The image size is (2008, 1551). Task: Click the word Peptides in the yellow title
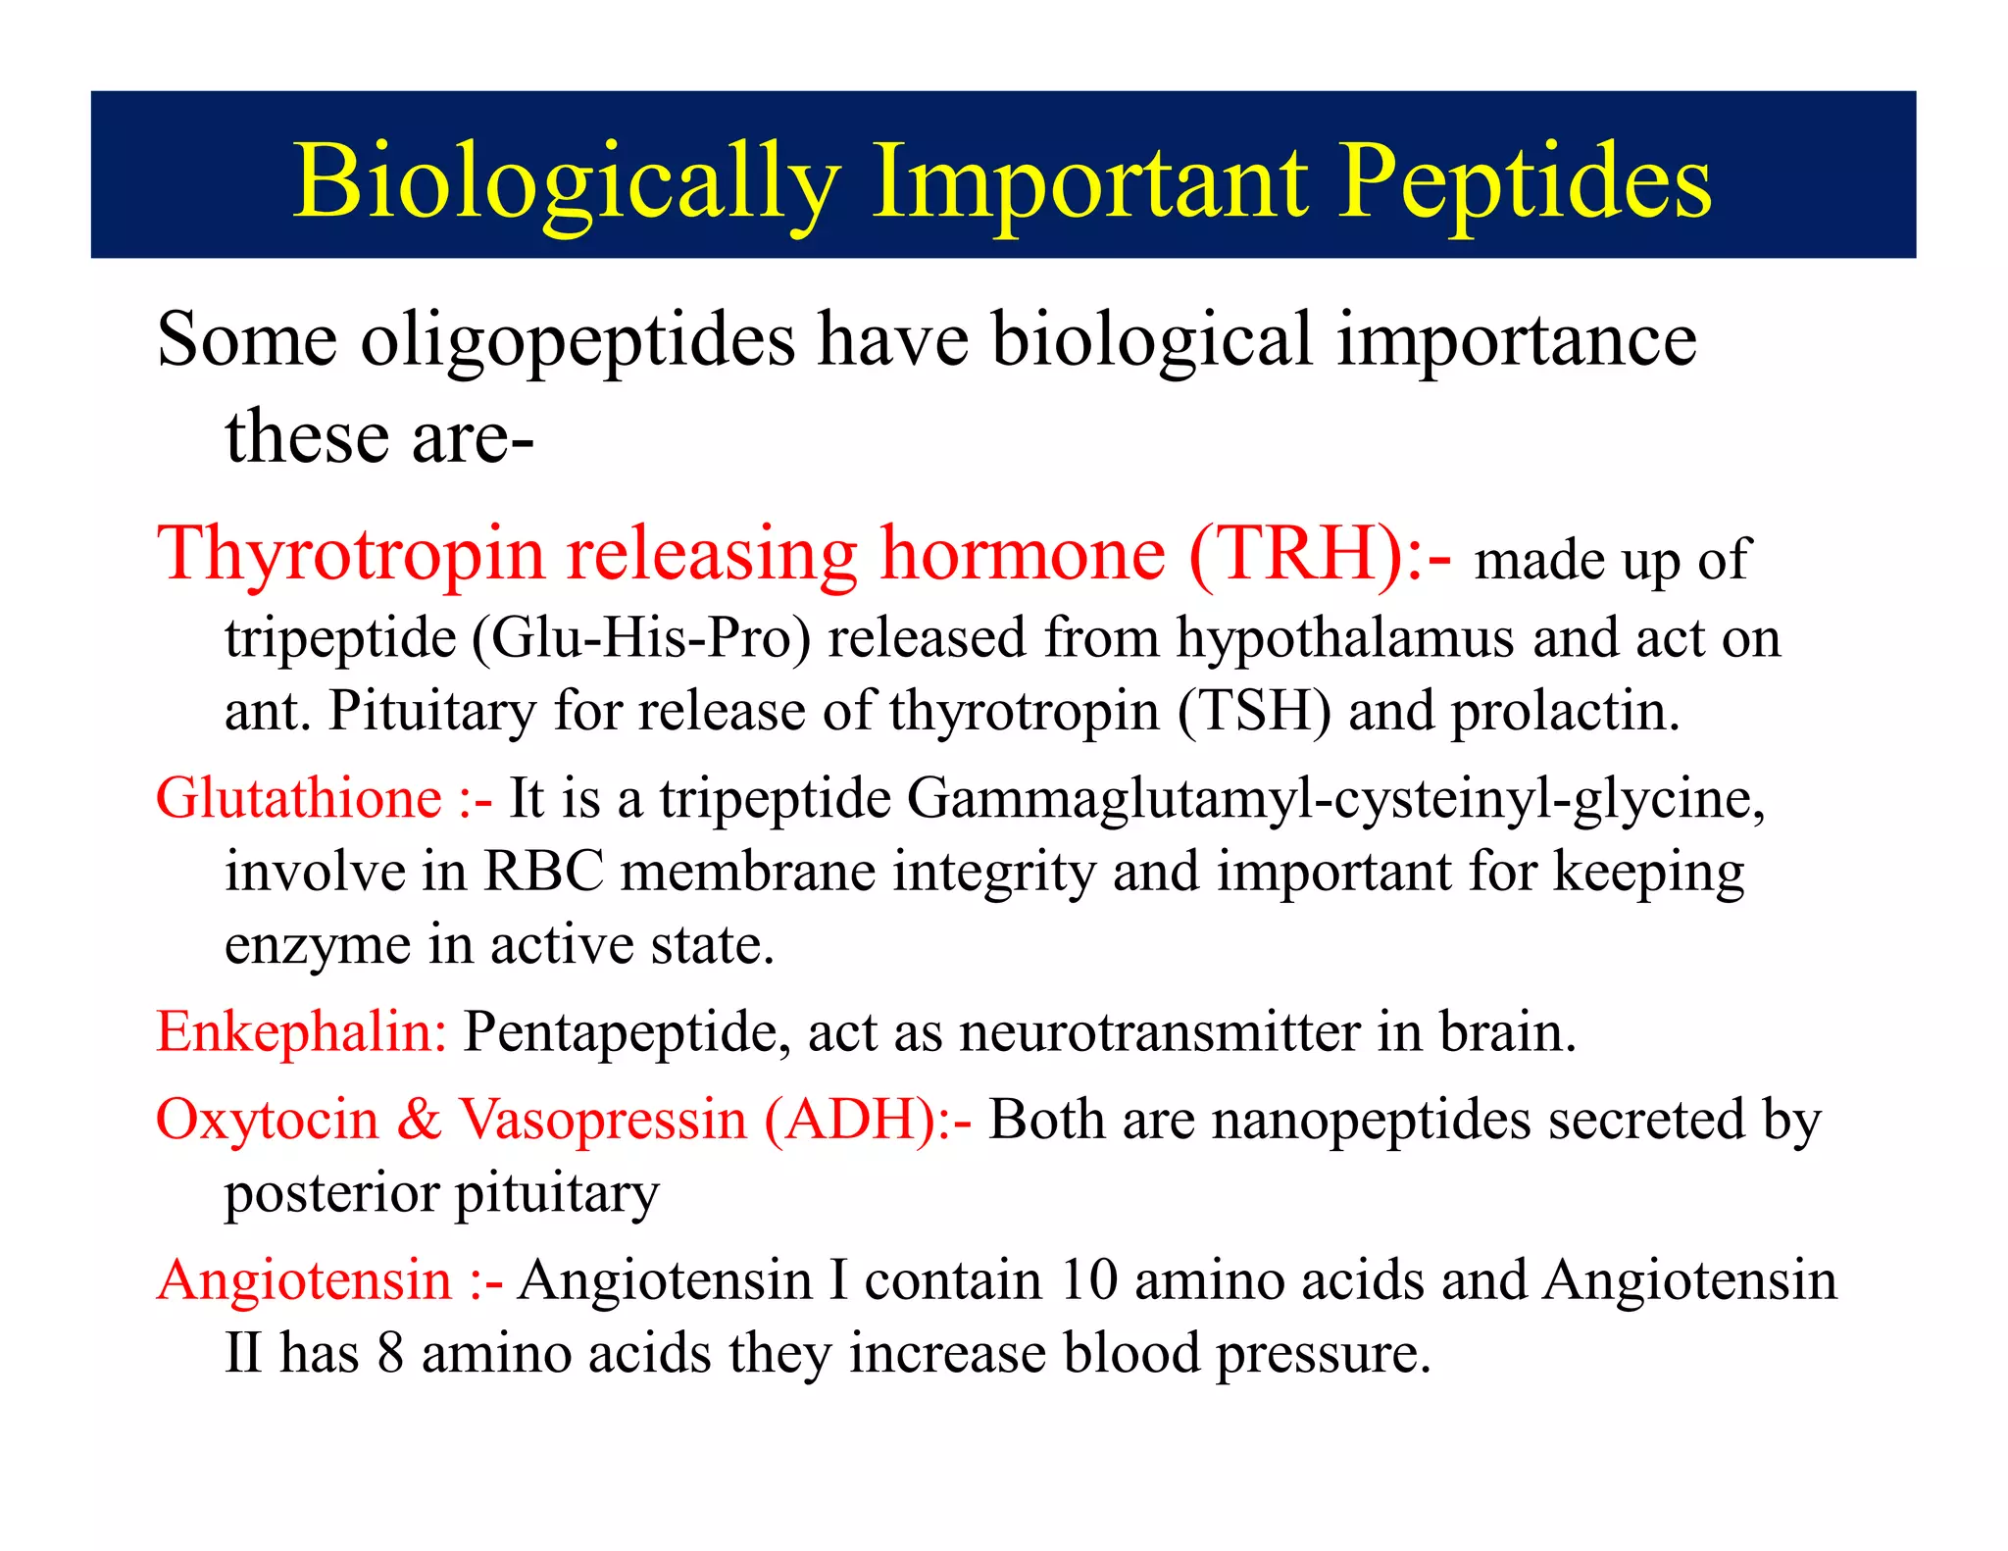pyautogui.click(x=1525, y=181)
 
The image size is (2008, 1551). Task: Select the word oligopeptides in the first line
pyautogui.click(x=577, y=340)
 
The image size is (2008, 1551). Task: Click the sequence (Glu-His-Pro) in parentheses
pyautogui.click(x=641, y=638)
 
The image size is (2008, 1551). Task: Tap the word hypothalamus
pyautogui.click(x=1345, y=638)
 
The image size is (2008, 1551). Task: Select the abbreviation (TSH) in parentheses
pyautogui.click(x=1254, y=711)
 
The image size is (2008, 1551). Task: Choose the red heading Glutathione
pyautogui.click(x=299, y=798)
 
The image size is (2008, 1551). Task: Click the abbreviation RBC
pyautogui.click(x=543, y=872)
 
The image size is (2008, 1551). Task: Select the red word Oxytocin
pyautogui.click(x=267, y=1120)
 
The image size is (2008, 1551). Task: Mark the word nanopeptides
pyautogui.click(x=1371, y=1120)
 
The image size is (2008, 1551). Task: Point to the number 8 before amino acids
pyautogui.click(x=390, y=1354)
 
